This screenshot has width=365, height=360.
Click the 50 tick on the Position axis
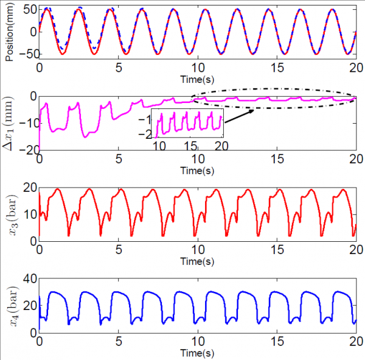[29, 10]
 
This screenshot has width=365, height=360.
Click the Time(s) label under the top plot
[197, 78]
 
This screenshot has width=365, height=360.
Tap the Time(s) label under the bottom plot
[197, 352]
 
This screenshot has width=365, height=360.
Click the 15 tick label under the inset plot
[190, 146]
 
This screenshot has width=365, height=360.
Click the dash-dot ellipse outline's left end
[192, 99]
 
